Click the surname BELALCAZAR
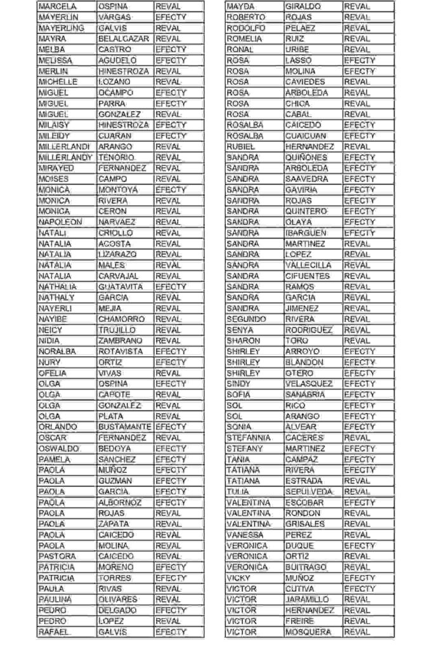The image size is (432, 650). [x=123, y=39]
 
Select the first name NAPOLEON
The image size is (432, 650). [x=60, y=222]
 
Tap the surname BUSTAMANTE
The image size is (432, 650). [x=124, y=427]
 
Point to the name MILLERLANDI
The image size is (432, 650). [x=64, y=147]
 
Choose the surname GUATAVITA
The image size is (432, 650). [x=123, y=287]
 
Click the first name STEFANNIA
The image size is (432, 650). [x=249, y=438]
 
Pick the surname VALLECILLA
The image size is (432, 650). [x=308, y=265]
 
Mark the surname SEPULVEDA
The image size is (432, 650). [x=309, y=492]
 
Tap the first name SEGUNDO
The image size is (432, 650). [x=246, y=319]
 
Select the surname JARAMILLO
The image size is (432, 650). [x=308, y=600]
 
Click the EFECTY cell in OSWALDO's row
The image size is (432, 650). [x=171, y=449]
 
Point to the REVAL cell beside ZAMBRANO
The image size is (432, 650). [x=168, y=341]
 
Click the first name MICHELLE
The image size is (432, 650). [x=58, y=82]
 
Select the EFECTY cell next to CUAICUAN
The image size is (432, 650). [x=360, y=136]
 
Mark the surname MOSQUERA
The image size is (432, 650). [x=308, y=632]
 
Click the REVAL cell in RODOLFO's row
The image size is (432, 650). [x=357, y=28]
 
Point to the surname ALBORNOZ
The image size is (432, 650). [x=121, y=503]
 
